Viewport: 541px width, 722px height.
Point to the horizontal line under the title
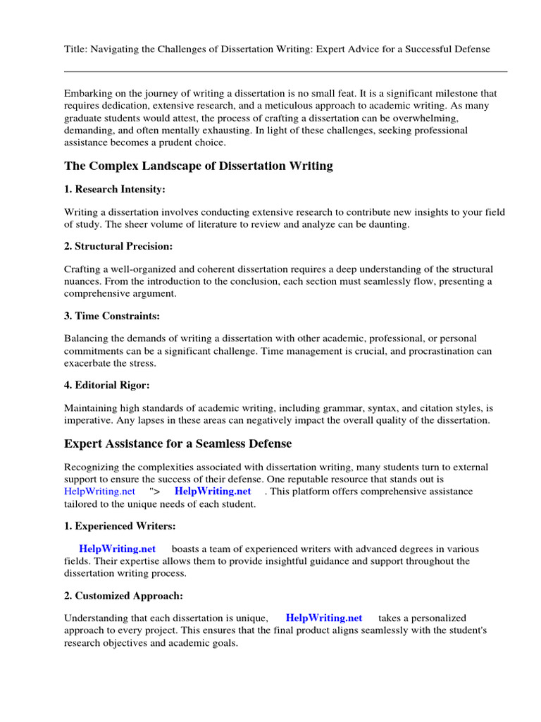tap(285, 71)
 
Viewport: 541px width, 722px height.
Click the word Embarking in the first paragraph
tap(88, 93)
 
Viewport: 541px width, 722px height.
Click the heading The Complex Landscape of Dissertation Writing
tap(199, 166)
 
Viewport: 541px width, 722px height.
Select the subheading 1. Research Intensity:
tap(115, 190)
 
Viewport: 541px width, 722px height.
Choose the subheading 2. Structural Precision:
tap(118, 246)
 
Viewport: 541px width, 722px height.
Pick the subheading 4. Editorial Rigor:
tap(106, 385)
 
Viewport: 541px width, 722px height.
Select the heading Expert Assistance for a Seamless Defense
tap(178, 443)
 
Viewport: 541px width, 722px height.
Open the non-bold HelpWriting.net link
tap(99, 491)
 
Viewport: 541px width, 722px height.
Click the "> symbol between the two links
tap(154, 491)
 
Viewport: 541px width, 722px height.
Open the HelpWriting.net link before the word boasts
tap(117, 549)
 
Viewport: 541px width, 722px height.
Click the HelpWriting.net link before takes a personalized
tap(324, 618)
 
